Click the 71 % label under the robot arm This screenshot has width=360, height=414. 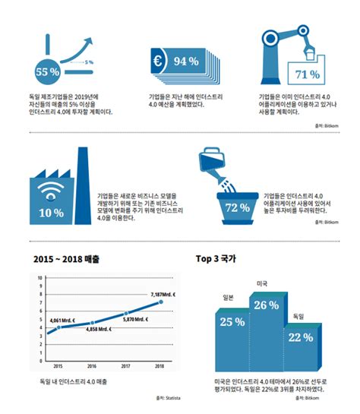point(306,74)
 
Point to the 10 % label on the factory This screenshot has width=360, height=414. point(51,212)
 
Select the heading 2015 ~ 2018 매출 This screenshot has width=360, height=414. point(68,258)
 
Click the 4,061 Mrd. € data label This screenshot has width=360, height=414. point(65,319)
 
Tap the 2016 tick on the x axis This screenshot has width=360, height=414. point(92,366)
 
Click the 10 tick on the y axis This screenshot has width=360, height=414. point(39,278)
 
